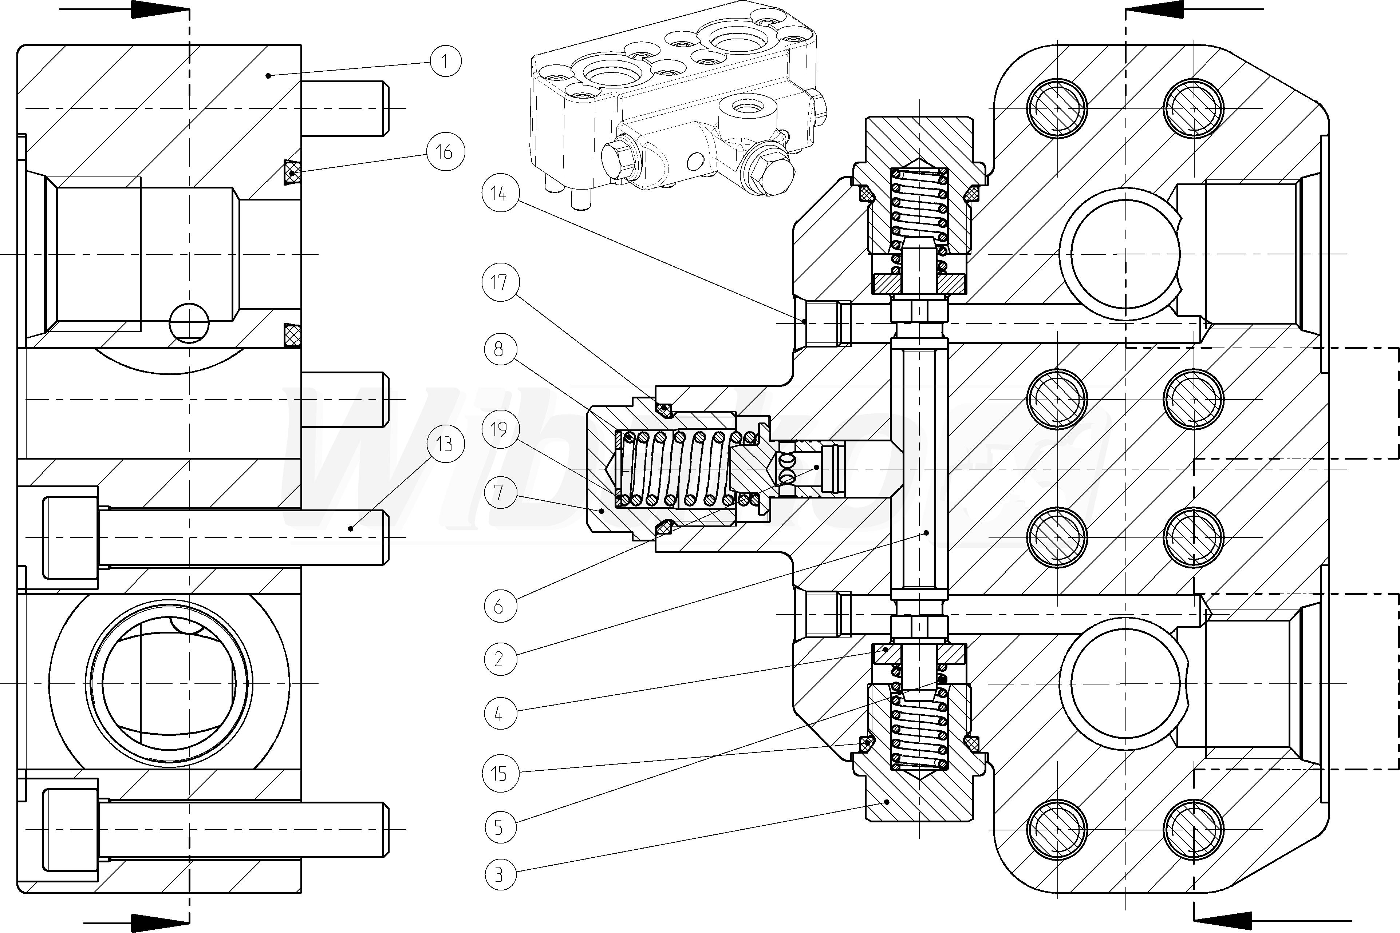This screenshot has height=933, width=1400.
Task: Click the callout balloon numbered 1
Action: [x=445, y=61]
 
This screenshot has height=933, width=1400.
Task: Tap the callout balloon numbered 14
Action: [x=500, y=193]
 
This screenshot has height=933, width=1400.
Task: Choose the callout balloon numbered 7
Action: [x=500, y=492]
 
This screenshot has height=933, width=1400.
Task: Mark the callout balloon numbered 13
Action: [x=445, y=444]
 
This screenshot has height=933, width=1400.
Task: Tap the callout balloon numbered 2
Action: [x=500, y=659]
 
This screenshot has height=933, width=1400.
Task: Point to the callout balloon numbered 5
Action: [x=500, y=827]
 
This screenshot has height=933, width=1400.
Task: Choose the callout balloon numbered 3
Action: [x=500, y=875]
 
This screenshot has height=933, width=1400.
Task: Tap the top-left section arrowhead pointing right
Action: [x=149, y=9]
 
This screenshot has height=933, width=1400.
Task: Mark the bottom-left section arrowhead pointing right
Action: [x=149, y=923]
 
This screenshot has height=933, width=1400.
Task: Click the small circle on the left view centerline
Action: [x=189, y=323]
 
